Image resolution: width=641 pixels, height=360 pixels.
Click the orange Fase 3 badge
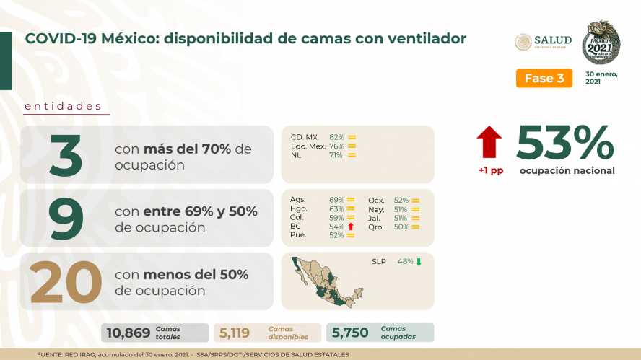(544, 78)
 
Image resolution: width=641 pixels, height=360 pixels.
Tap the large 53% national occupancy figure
(565, 143)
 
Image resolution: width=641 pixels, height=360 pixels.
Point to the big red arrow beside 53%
(489, 142)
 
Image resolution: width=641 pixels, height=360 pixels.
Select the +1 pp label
(491, 170)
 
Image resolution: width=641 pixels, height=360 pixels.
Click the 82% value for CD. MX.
(337, 137)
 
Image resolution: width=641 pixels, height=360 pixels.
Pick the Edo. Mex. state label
(308, 146)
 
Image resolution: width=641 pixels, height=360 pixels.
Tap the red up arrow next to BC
(351, 227)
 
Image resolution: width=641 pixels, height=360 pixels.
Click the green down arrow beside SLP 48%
(419, 261)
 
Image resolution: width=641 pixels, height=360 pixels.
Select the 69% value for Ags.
(336, 200)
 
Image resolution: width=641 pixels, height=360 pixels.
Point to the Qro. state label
(375, 227)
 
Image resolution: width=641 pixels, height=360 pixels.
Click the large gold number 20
(66, 282)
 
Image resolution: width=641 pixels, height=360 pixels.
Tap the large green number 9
(66, 219)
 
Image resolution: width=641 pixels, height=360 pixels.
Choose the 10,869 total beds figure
(128, 333)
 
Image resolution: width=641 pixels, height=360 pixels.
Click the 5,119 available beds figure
(235, 333)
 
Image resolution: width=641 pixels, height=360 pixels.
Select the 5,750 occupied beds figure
(350, 333)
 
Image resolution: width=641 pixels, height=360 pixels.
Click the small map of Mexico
(327, 282)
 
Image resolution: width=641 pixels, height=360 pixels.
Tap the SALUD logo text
(553, 40)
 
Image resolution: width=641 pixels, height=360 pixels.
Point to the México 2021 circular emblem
(601, 43)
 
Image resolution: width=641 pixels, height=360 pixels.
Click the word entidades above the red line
(63, 106)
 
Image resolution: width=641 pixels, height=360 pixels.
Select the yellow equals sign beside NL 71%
(352, 155)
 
